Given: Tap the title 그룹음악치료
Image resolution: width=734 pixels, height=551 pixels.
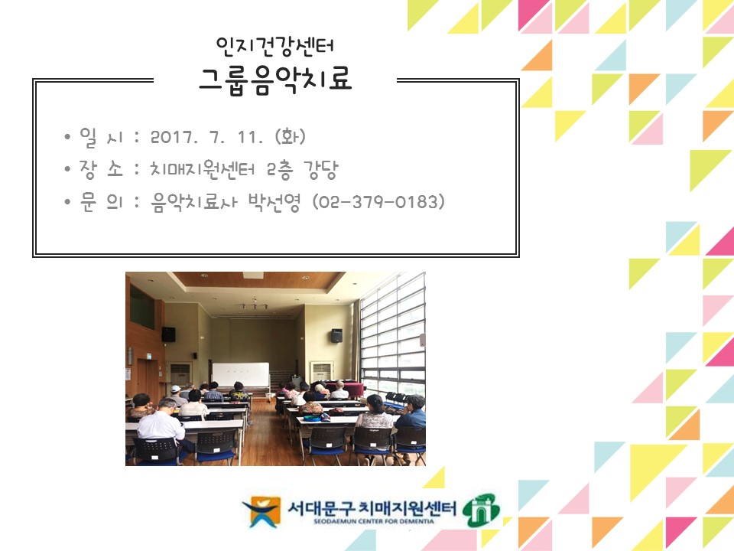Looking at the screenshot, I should click(275, 79).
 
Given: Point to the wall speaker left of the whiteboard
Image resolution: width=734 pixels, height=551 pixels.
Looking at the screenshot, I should click(168, 334).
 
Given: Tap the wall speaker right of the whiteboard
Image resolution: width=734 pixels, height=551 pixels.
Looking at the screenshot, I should click(336, 335).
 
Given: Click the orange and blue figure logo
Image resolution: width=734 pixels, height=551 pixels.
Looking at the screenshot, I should click(260, 511).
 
